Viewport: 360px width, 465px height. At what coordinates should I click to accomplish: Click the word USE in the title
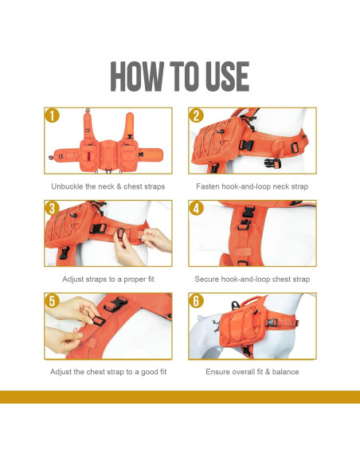(223, 76)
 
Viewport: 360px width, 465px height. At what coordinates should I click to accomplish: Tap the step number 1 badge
(53, 116)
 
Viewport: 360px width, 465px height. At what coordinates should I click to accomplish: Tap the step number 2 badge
(196, 116)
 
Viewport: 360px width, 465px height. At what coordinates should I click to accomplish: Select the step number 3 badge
(53, 209)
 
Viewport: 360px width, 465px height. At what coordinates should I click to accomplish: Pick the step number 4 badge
(196, 209)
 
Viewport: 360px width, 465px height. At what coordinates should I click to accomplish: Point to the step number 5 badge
(53, 301)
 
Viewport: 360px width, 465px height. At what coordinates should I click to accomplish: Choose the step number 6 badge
(196, 301)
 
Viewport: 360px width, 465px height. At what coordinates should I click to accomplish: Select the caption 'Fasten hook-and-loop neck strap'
(252, 187)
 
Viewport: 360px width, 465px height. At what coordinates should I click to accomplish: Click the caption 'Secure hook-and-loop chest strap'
(252, 279)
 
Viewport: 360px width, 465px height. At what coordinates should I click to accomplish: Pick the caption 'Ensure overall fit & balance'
(252, 372)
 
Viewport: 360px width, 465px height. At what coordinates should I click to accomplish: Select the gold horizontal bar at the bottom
(180, 397)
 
